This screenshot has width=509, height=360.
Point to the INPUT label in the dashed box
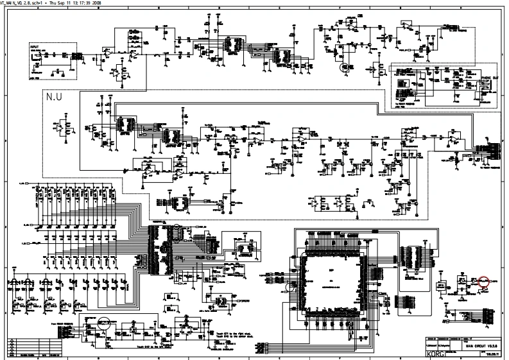coord(33,47)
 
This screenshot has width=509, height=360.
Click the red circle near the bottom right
coord(484,280)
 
